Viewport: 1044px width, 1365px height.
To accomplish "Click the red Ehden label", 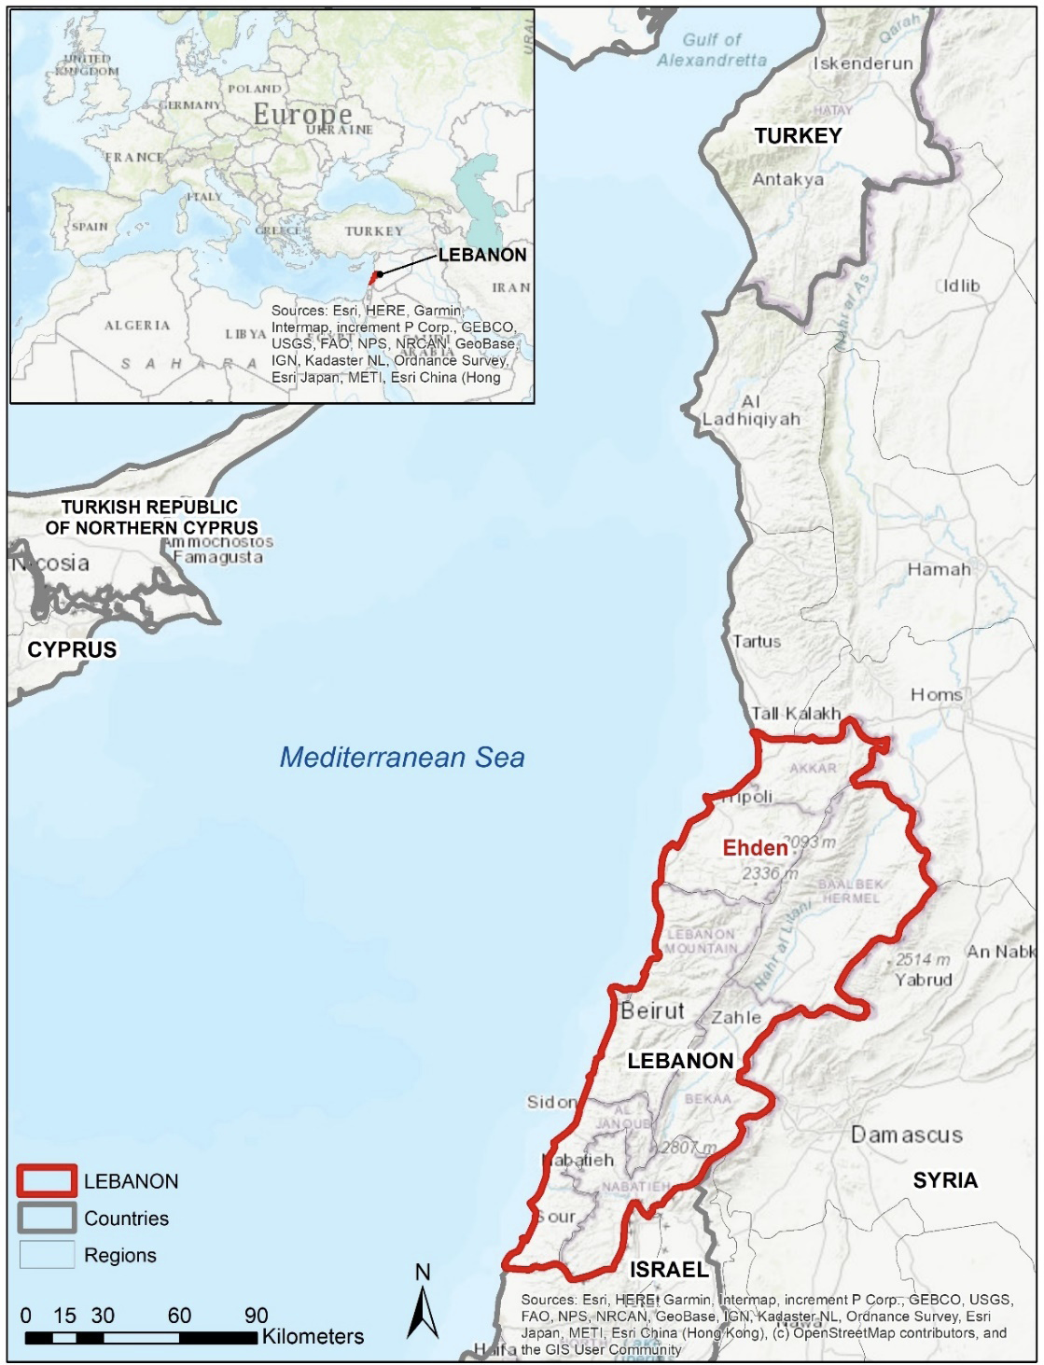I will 755,847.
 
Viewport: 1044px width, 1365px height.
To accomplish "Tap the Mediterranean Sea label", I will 402,757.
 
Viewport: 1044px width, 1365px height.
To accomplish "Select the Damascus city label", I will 906,1135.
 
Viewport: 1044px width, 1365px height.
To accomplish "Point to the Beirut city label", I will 652,1010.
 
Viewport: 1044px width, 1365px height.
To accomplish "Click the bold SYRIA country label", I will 945,1180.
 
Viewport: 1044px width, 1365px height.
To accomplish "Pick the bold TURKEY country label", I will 798,135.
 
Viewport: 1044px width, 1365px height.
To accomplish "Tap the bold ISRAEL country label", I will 669,1270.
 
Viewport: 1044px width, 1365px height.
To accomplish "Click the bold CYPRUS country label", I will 72,649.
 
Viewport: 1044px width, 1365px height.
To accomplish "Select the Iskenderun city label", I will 863,63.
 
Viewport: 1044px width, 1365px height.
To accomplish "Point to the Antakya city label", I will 787,179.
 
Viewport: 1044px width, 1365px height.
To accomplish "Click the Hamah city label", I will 939,569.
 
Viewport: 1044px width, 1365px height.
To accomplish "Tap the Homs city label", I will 936,694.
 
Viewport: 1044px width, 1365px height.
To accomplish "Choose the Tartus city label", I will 757,641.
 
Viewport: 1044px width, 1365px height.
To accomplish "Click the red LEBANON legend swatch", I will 46,1181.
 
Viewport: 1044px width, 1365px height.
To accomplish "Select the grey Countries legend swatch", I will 46,1219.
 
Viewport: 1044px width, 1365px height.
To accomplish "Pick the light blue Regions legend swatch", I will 46,1255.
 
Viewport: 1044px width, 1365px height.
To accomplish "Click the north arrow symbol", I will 423,1312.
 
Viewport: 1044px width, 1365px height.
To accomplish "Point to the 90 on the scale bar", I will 257,1316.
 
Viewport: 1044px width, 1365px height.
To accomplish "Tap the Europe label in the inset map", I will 302,114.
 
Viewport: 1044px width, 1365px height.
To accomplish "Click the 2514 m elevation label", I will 923,959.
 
